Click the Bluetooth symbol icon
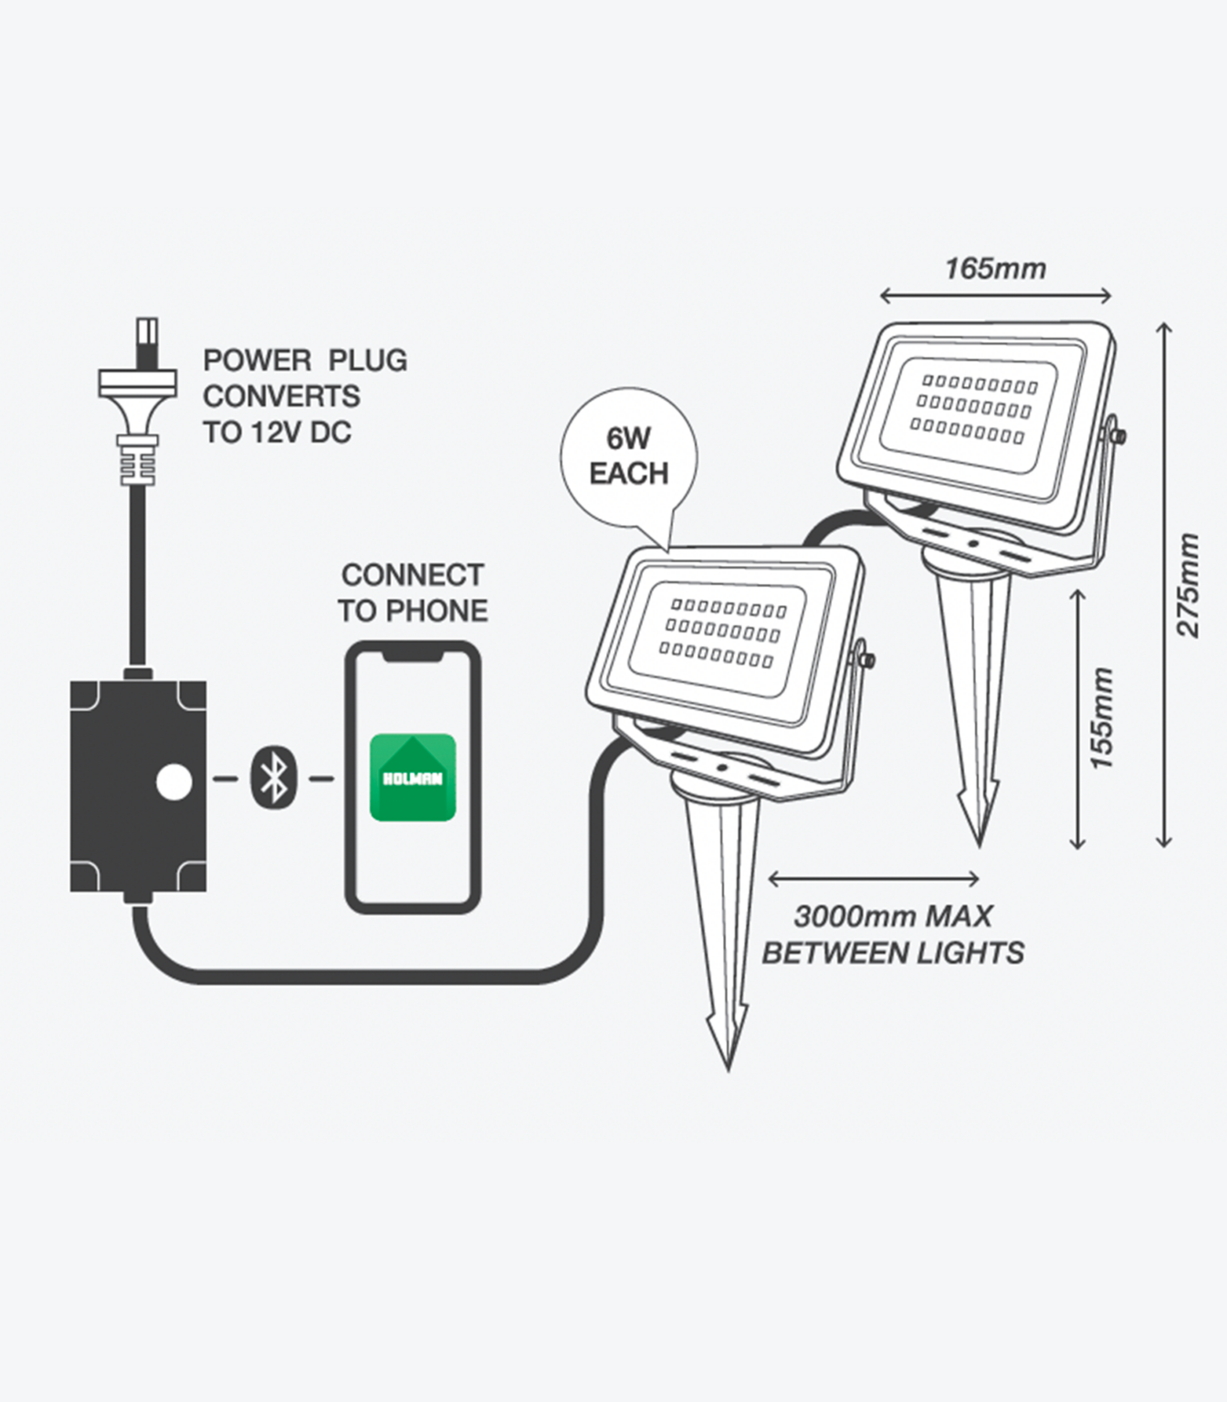pyautogui.click(x=272, y=778)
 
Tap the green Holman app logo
pyautogui.click(x=412, y=778)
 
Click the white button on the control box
pyautogui.click(x=173, y=783)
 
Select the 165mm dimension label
pyautogui.click(x=995, y=269)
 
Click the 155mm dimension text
pyautogui.click(x=1103, y=717)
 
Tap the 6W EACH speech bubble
pyautogui.click(x=628, y=456)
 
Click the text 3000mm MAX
pyautogui.click(x=892, y=916)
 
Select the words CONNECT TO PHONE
pyautogui.click(x=413, y=593)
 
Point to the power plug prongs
pyautogui.click(x=146, y=340)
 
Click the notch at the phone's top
pyautogui.click(x=413, y=654)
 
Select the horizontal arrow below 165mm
pyautogui.click(x=995, y=295)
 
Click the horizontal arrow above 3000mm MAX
pyautogui.click(x=874, y=879)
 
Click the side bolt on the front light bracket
pyautogui.click(x=866, y=659)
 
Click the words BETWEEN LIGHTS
pyautogui.click(x=892, y=954)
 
